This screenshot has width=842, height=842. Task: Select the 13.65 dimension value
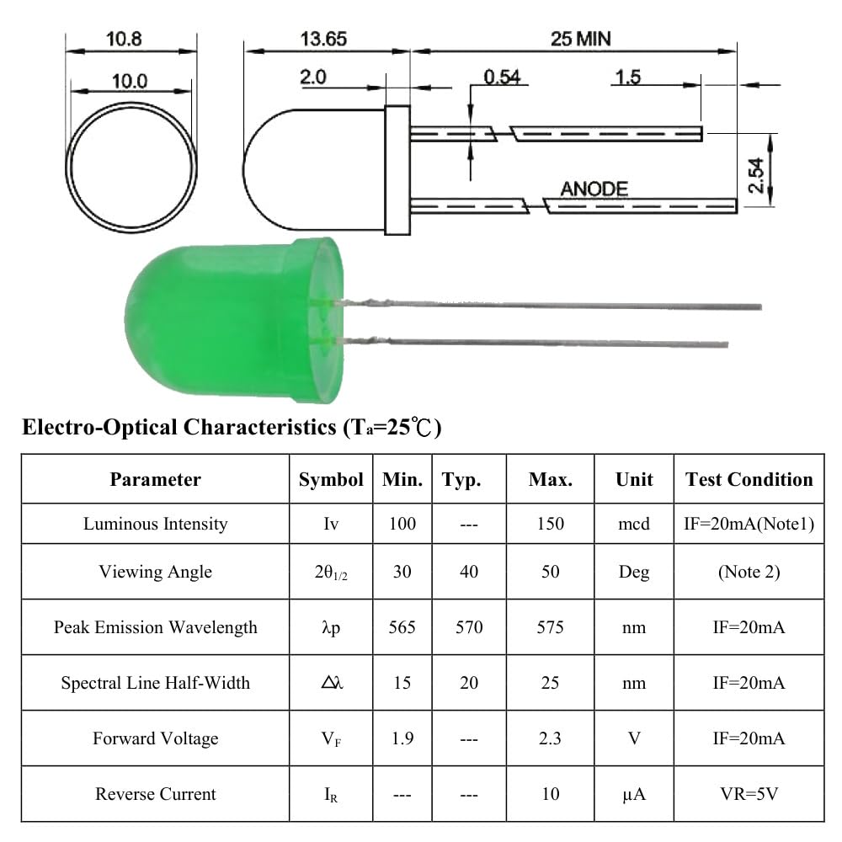[x=323, y=39]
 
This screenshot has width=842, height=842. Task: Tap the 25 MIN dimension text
[x=581, y=38]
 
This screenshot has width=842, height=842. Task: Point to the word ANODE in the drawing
[x=594, y=189]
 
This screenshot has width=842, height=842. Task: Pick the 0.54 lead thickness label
[x=502, y=77]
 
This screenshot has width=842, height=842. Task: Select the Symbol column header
[x=331, y=480]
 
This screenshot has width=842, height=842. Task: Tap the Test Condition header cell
[x=749, y=480]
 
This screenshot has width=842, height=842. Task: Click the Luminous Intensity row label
[x=156, y=524]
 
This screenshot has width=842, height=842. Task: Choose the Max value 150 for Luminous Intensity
[x=550, y=524]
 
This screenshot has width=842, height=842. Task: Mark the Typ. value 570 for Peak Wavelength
[x=469, y=627]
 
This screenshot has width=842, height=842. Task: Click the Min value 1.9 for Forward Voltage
[x=402, y=738]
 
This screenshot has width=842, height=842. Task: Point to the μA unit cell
[x=633, y=794]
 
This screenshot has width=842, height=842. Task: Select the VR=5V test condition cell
[x=749, y=794]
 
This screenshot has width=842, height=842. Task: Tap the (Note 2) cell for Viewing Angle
[x=749, y=572]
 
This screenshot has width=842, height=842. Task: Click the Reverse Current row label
[x=156, y=794]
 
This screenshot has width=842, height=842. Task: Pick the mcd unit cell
[x=633, y=524]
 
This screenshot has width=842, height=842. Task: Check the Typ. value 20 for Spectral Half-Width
[x=469, y=683]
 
